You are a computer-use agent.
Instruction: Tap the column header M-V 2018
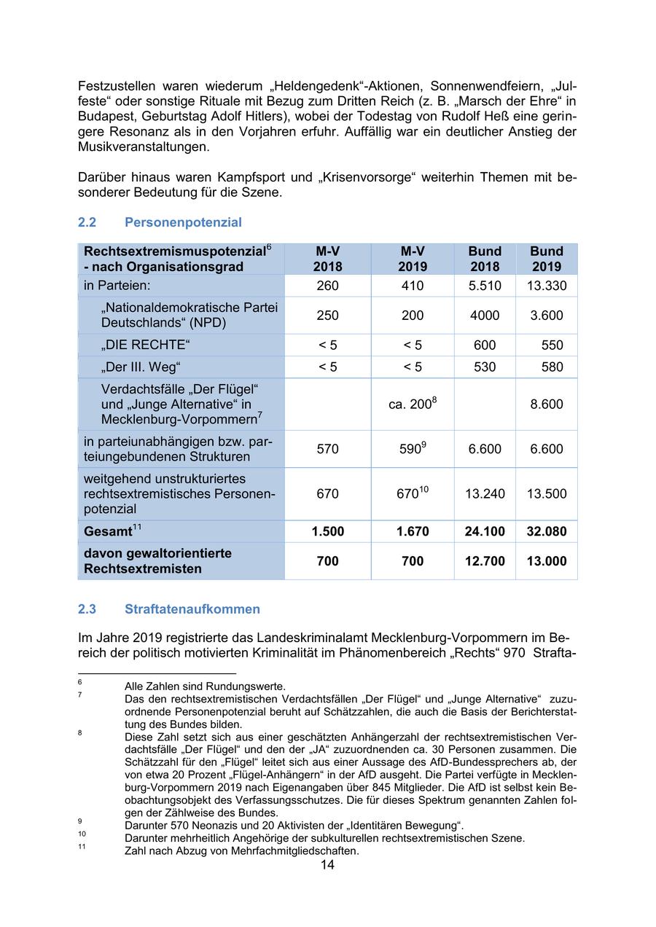click(327, 259)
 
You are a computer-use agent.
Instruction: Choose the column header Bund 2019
click(546, 259)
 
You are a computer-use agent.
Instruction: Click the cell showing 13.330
click(546, 286)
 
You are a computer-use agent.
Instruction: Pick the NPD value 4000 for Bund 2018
click(485, 316)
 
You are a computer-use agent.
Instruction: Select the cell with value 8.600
click(546, 404)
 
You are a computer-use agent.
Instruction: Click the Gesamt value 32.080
click(546, 531)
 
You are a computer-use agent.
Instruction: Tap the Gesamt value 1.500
click(327, 531)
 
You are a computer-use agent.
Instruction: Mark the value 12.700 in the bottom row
click(485, 561)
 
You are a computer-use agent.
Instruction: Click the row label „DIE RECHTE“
click(141, 345)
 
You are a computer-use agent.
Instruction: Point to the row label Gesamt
click(108, 531)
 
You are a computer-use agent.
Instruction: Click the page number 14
click(327, 865)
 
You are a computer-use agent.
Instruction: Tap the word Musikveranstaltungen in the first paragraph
click(143, 146)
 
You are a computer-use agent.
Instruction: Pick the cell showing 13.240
click(485, 494)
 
